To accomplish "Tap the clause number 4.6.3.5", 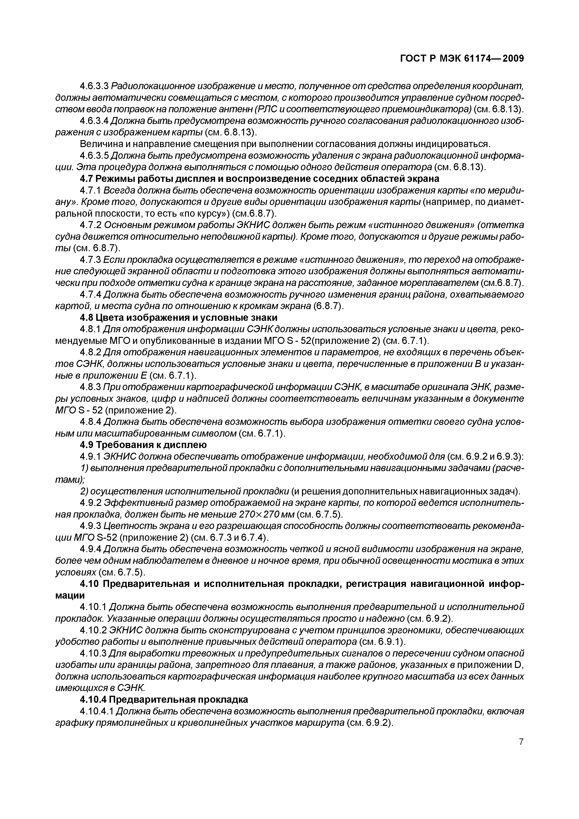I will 95,155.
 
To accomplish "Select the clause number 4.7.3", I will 91,260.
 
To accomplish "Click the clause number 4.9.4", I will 91,549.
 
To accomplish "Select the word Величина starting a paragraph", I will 100,144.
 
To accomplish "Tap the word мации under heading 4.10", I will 70,596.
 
